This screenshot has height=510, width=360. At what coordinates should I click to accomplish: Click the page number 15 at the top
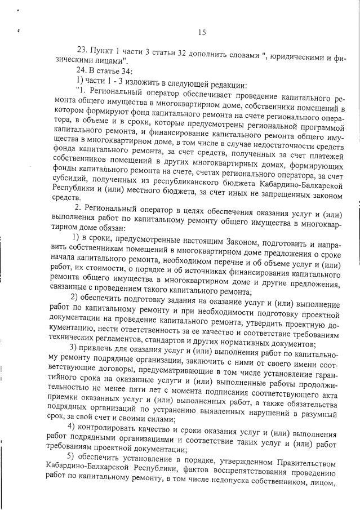(x=202, y=32)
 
